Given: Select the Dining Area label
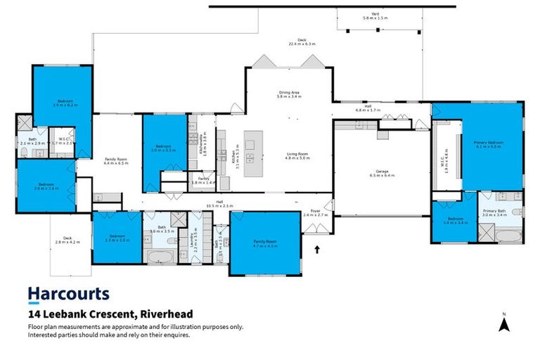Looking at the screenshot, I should click(x=289, y=94).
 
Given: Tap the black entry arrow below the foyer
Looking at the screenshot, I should click(x=316, y=248).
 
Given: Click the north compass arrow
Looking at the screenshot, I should click(x=503, y=323).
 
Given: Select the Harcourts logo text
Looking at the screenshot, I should click(x=68, y=294).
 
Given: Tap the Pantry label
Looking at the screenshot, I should click(x=203, y=180).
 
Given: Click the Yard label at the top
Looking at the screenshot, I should click(x=375, y=13).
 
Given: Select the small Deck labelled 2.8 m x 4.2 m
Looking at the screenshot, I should click(x=67, y=240).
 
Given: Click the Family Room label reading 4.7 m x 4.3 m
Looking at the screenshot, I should click(x=265, y=243).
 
